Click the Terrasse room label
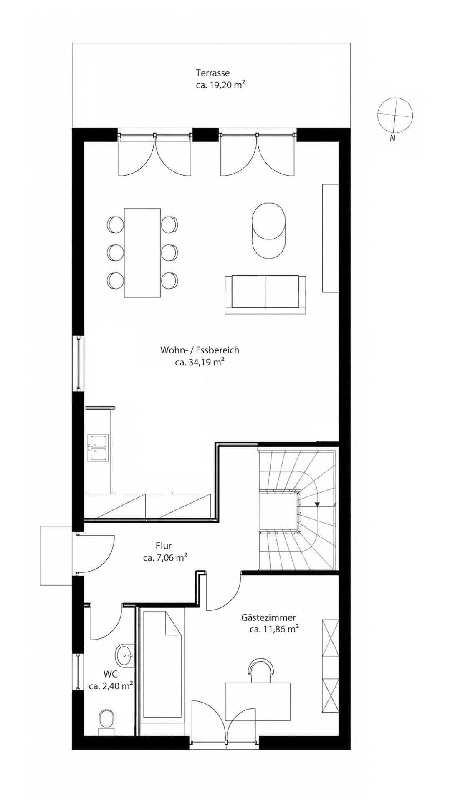tap(213, 73)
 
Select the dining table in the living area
tap(142, 252)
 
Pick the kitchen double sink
tap(98, 447)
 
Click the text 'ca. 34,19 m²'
tap(200, 362)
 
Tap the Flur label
tap(164, 546)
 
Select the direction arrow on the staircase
tap(317, 505)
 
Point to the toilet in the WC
tap(106, 723)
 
